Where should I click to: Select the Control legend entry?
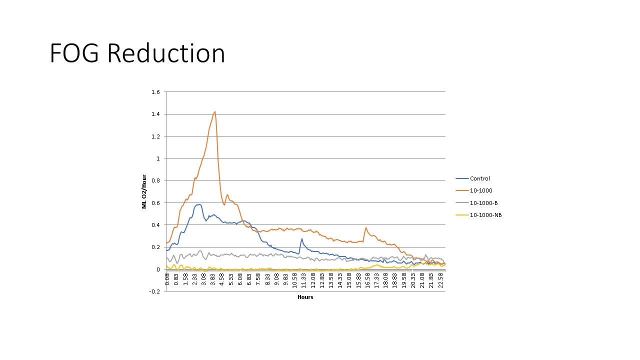point(479,178)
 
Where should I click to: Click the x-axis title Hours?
point(305,297)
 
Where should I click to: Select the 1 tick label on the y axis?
point(157,158)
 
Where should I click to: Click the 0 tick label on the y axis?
point(157,269)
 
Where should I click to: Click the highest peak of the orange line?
point(214,111)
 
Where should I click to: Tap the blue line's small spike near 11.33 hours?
point(302,239)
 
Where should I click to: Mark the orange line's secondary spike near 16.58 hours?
point(366,228)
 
